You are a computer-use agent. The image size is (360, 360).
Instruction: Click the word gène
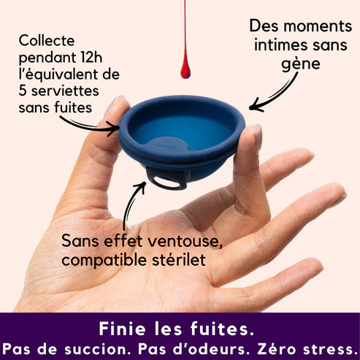301,64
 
